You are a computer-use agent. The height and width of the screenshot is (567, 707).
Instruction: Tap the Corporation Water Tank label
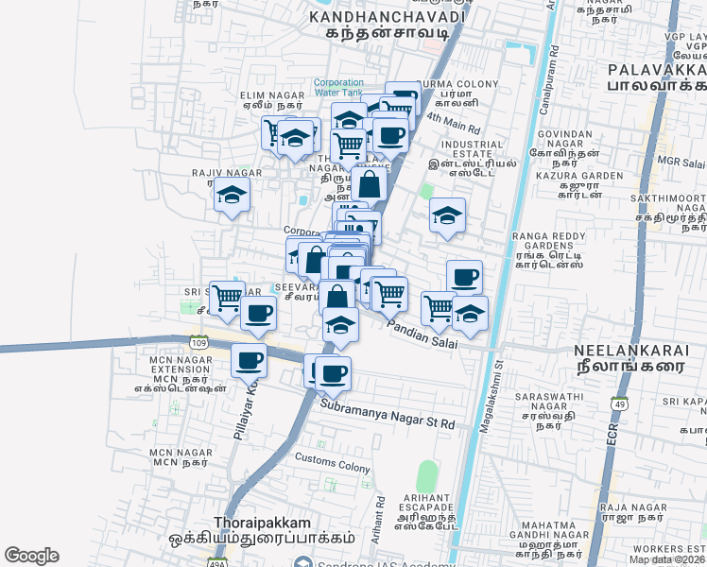(337, 87)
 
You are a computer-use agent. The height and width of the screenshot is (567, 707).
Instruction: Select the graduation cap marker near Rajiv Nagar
(231, 197)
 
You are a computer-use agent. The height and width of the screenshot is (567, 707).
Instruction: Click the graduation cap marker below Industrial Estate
(447, 215)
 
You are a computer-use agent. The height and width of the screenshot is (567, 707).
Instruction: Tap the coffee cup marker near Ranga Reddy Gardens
(464, 277)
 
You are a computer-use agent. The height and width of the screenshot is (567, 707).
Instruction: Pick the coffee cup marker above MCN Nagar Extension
(250, 360)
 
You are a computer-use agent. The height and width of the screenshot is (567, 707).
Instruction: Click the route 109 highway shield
(198, 340)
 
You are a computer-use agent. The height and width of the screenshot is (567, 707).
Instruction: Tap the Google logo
(31, 555)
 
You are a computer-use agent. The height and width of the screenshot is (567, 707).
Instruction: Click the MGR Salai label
(681, 161)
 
